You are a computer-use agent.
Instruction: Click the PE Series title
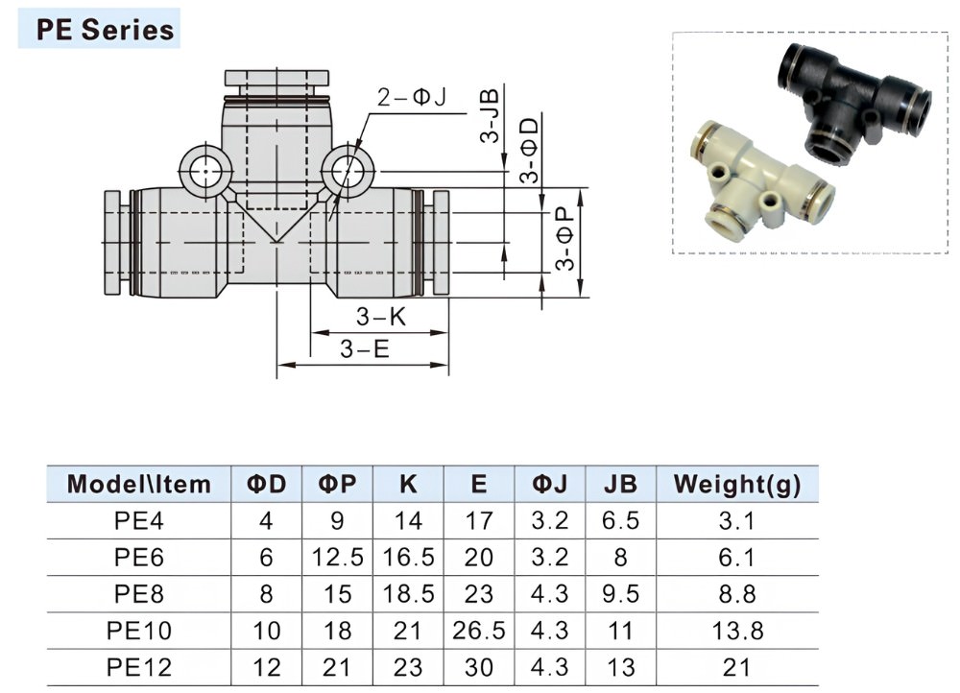coord(105,30)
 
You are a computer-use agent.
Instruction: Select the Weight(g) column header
coord(737,485)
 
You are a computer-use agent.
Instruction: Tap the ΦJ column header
coord(550,485)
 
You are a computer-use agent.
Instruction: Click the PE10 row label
coord(139,631)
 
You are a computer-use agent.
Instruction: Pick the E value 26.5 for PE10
coord(479,631)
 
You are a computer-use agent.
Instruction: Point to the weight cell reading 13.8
coord(737,631)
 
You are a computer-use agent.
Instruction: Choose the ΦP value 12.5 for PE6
coord(337,557)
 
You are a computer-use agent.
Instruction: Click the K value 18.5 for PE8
coord(408,594)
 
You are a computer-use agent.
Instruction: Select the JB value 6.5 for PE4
coord(620,520)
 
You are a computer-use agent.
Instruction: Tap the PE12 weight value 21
coord(736,667)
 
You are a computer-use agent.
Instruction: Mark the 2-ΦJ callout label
coord(412,97)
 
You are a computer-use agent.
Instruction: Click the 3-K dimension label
coord(381,317)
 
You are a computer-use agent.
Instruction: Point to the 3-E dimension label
coord(365,349)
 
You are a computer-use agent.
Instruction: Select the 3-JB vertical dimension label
coord(490,115)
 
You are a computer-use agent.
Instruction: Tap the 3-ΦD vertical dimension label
coord(530,151)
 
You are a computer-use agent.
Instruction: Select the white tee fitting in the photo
coord(761,179)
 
